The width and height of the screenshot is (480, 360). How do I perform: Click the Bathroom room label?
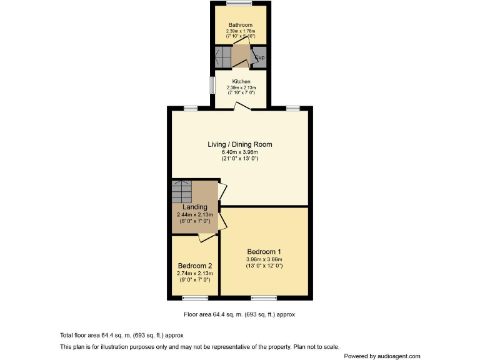pyautogui.click(x=240, y=25)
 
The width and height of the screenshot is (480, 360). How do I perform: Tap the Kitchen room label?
pyautogui.click(x=241, y=82)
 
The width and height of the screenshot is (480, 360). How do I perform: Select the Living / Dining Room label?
pyautogui.click(x=240, y=144)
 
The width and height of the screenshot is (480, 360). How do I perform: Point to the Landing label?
pyautogui.click(x=195, y=207)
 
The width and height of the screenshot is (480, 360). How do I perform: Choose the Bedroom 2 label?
pyautogui.click(x=195, y=266)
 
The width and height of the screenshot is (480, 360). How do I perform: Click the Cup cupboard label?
pyautogui.click(x=259, y=57)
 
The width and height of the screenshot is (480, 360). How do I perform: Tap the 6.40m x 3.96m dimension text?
pyautogui.click(x=240, y=152)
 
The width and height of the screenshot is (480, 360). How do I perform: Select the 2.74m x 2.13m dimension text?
pyautogui.click(x=195, y=274)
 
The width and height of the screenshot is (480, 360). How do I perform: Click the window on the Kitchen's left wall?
pyautogui.click(x=212, y=84)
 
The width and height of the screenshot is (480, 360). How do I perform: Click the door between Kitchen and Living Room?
pyautogui.click(x=242, y=107)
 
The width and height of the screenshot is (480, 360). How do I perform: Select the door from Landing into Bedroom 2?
pyautogui.click(x=206, y=236)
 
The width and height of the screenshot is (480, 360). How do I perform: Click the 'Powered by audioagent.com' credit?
pyautogui.click(x=382, y=356)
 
